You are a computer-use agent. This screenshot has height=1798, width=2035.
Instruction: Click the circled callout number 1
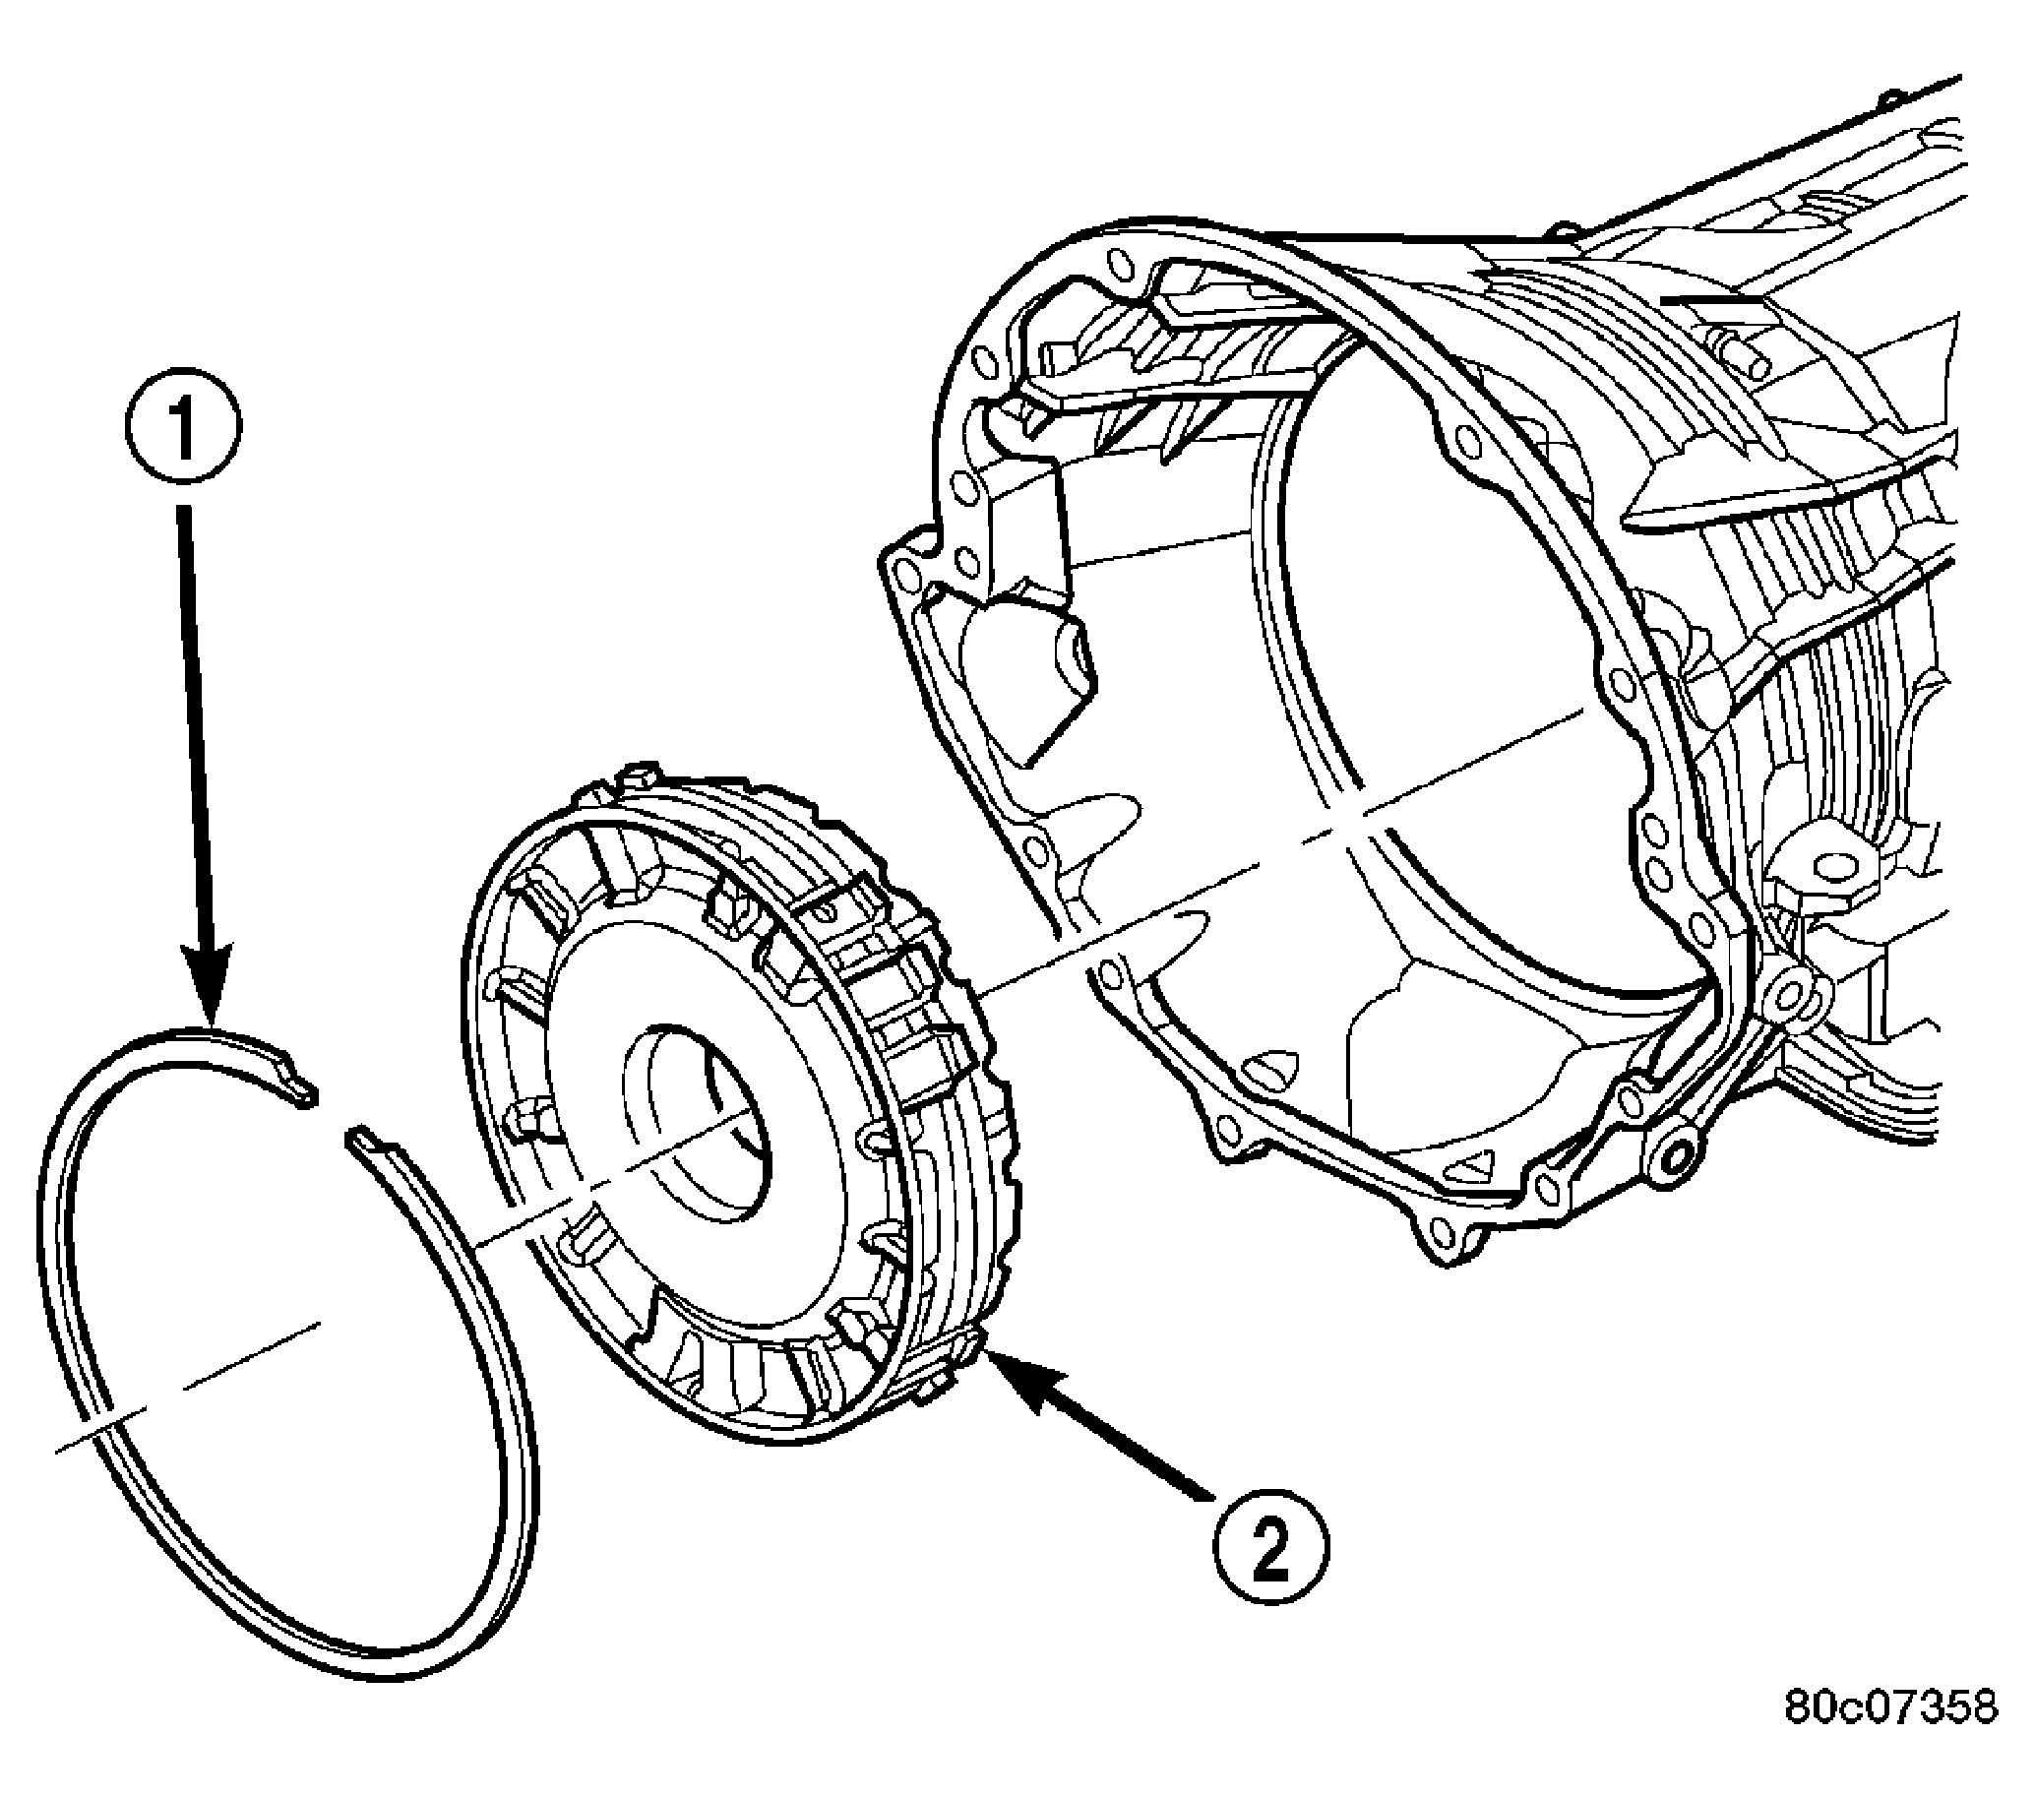tap(182, 428)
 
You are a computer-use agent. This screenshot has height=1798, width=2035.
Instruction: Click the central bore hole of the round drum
tap(697, 1120)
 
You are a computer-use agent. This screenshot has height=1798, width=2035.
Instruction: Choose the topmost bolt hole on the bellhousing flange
tap(1119, 262)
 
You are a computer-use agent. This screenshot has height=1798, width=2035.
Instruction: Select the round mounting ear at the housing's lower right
tap(1674, 1152)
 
